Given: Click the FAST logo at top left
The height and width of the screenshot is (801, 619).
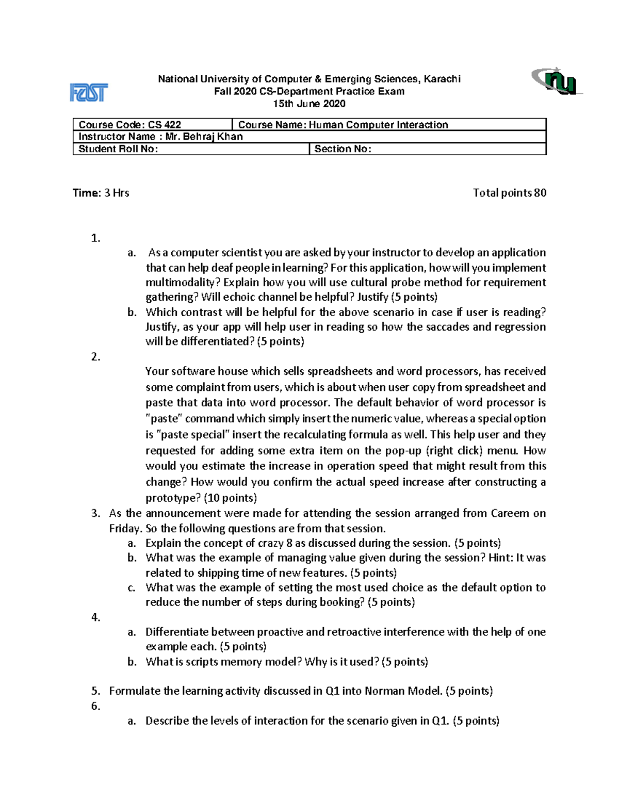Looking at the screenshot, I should click(89, 93).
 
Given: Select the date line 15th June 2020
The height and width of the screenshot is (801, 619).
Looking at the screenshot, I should click(309, 104).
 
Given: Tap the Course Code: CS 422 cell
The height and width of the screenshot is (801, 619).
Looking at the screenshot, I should click(153, 124).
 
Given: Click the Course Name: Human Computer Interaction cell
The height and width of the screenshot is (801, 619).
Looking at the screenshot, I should click(389, 124).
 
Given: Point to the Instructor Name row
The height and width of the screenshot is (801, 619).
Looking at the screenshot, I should click(309, 137).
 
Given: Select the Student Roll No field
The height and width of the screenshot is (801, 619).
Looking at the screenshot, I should click(190, 149).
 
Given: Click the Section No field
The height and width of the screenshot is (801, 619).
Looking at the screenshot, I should click(427, 149).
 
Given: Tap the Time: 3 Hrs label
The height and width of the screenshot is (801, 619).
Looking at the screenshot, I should click(101, 193).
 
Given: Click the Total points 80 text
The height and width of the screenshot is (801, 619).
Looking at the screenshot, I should click(509, 193).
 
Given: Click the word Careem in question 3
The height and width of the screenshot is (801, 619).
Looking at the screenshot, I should click(510, 513).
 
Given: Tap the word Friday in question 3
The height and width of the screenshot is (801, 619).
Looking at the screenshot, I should click(124, 529).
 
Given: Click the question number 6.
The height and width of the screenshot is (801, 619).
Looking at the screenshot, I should click(95, 706).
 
